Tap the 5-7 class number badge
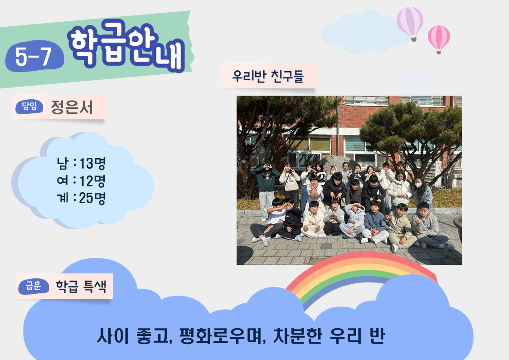click(34, 56)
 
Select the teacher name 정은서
click(72, 107)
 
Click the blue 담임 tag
click(29, 107)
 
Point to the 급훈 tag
click(34, 286)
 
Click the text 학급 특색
click(81, 286)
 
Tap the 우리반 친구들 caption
click(268, 76)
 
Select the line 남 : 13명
click(81, 163)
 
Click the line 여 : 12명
click(81, 180)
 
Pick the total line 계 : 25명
click(81, 198)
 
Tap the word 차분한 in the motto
click(298, 336)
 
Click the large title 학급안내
click(126, 45)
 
